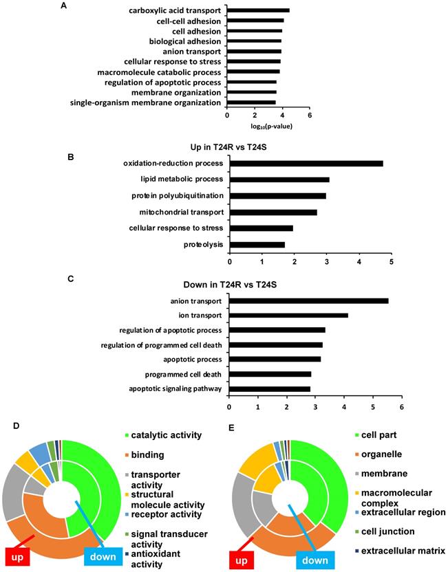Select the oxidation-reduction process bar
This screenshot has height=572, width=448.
[306, 163]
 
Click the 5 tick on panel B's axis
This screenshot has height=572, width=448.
[392, 261]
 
